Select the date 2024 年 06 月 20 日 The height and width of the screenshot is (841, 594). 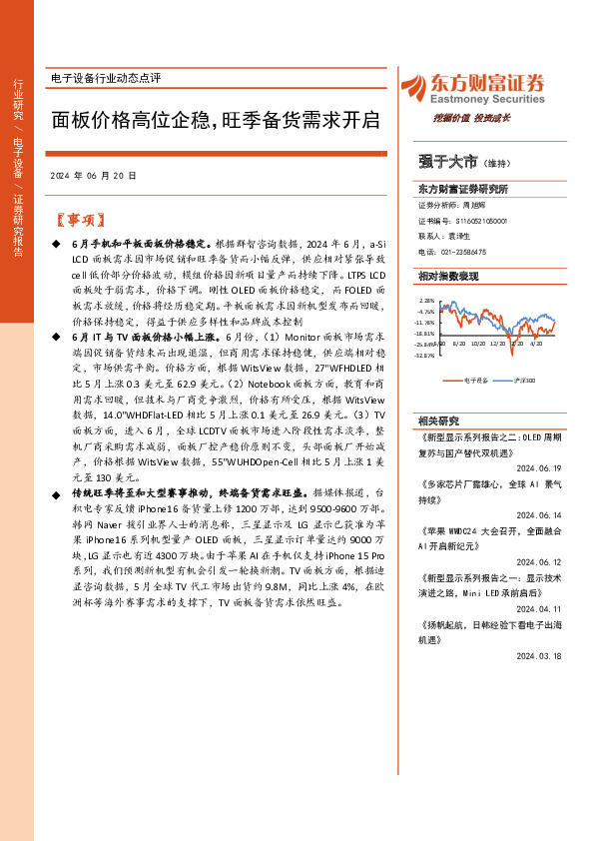pyautogui.click(x=92, y=175)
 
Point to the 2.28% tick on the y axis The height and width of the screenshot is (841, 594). pyautogui.click(x=426, y=300)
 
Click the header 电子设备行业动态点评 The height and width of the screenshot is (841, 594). pyautogui.click(x=105, y=78)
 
